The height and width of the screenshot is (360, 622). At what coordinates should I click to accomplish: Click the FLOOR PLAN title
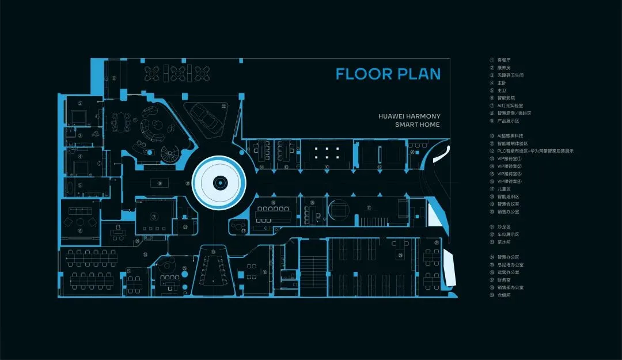point(388,74)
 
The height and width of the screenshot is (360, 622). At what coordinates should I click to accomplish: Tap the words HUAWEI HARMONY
point(408,116)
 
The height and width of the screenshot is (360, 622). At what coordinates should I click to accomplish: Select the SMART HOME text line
point(417,124)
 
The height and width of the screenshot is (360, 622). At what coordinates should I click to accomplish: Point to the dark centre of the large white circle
point(219,183)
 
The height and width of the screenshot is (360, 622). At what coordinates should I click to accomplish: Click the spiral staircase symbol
point(170,154)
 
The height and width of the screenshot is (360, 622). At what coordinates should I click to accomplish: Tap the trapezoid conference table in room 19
point(214,271)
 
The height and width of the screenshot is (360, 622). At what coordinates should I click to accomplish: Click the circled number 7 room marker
point(154,217)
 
